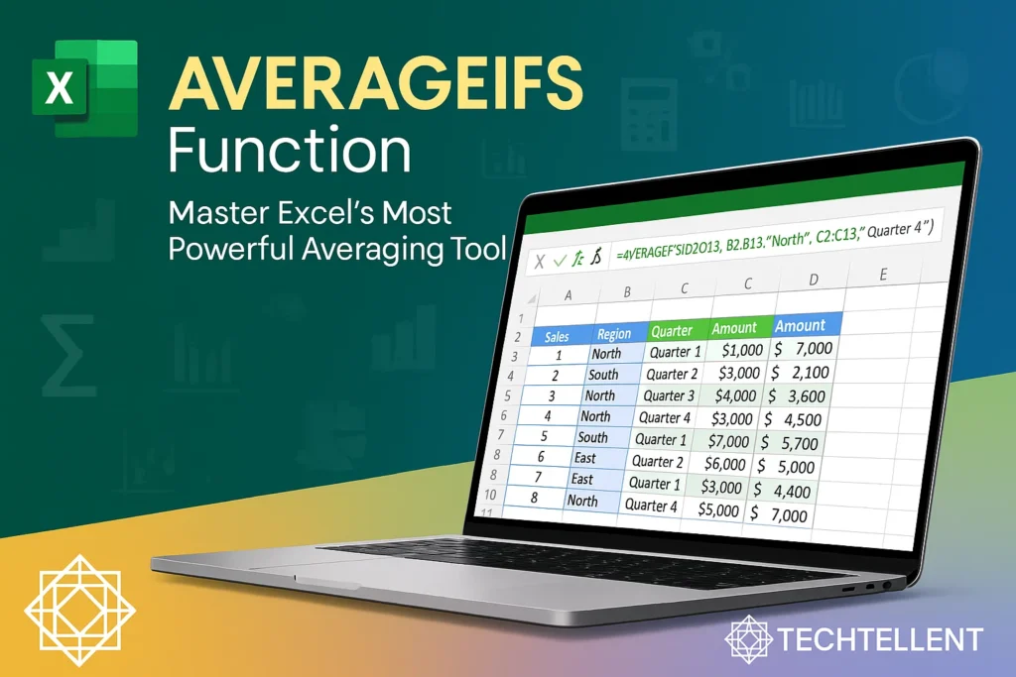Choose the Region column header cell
coord(614,333)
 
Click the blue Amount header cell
coord(800,325)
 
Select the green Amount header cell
coord(734,328)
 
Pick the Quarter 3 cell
coord(670,395)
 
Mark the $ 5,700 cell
coord(789,442)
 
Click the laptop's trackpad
coord(298,582)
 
